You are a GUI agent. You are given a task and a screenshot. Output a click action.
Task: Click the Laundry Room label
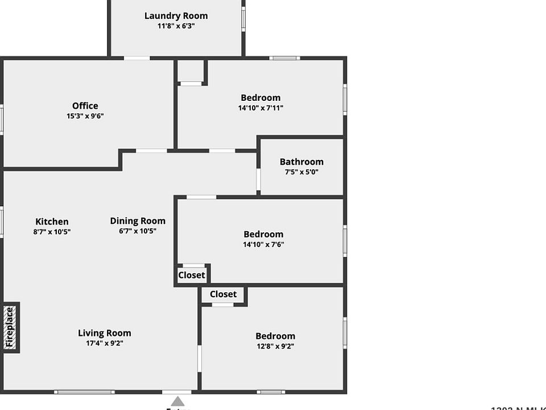(x=176, y=16)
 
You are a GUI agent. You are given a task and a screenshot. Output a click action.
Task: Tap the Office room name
(x=85, y=106)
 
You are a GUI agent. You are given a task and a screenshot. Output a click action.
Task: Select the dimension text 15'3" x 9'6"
(x=85, y=116)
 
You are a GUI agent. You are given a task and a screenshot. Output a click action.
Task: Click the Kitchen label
(x=52, y=222)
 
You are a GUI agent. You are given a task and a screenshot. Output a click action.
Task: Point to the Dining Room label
(x=138, y=221)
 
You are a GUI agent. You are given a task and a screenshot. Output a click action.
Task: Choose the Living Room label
(x=105, y=333)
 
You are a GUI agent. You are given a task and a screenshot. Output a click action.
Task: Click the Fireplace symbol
(x=10, y=327)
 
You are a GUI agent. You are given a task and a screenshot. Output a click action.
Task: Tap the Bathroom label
(x=301, y=162)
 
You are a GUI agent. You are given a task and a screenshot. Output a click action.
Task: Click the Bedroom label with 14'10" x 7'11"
(x=260, y=98)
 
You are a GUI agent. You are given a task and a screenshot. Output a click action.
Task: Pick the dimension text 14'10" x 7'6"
(x=263, y=245)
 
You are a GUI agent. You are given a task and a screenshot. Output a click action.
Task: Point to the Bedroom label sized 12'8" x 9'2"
(x=275, y=336)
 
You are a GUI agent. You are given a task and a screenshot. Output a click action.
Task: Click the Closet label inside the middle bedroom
(x=192, y=275)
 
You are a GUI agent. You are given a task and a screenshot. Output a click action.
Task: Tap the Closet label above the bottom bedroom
(x=223, y=294)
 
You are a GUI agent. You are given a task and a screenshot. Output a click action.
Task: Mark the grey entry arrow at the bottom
(x=178, y=401)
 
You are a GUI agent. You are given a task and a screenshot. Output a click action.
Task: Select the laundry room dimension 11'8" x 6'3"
(x=176, y=26)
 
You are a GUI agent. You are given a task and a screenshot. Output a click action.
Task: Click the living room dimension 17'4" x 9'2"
(x=105, y=343)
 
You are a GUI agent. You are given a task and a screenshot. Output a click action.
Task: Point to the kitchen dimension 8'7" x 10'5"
(x=52, y=232)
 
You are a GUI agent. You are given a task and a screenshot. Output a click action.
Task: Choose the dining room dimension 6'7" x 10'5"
(x=138, y=231)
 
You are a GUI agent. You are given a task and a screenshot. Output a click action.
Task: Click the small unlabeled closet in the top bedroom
(x=191, y=71)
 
